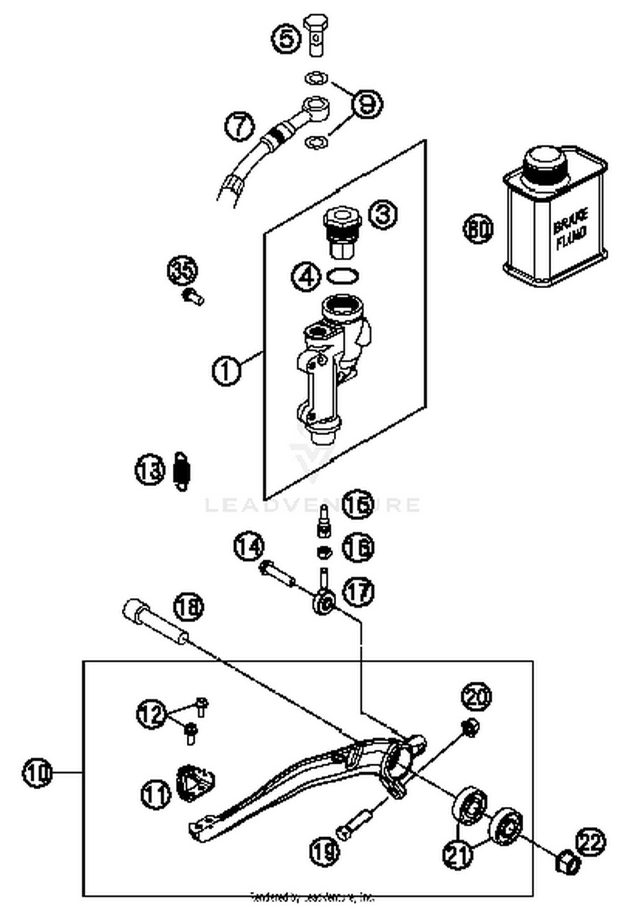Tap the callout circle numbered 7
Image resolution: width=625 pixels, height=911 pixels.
tap(240, 126)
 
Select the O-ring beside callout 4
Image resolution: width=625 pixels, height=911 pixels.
tap(342, 276)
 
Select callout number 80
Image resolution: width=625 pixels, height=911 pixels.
tap(478, 229)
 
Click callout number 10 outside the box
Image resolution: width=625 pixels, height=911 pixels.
tap(37, 773)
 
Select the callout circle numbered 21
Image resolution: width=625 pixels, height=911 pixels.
tap(458, 854)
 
